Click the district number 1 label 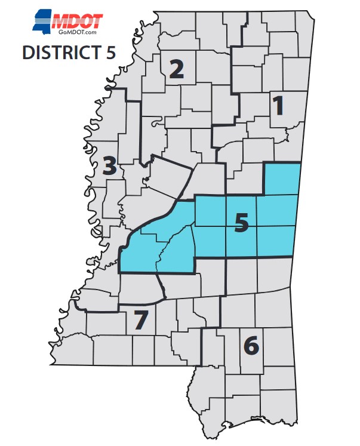(278, 106)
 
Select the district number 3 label (109, 166)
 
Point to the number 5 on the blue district (241, 222)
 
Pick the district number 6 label (251, 345)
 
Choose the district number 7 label (140, 321)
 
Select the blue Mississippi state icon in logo (41, 22)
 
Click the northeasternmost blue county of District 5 (281, 179)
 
